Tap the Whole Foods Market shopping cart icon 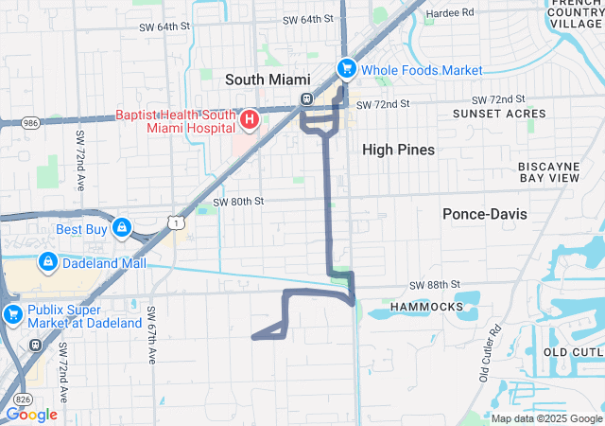347,69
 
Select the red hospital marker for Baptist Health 250,119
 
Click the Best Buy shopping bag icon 122,228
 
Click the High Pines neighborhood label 398,150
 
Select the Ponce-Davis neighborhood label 485,214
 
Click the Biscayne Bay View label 548,171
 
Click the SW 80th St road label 238,201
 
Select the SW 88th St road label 434,284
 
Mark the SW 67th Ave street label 151,334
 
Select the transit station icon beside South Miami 306,98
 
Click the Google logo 31,415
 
